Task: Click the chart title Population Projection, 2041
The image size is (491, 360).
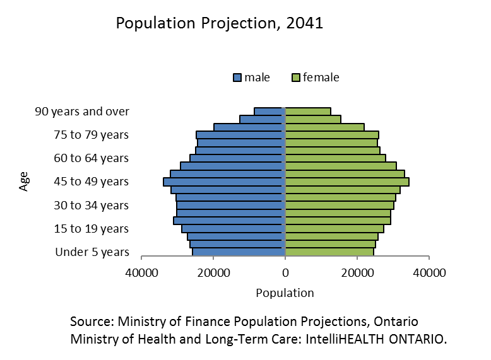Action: click(x=219, y=24)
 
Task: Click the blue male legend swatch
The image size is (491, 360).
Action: click(x=238, y=78)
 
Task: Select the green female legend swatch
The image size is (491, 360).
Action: click(x=295, y=78)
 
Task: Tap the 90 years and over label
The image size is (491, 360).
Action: click(x=82, y=112)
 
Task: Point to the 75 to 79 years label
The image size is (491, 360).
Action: click(x=92, y=135)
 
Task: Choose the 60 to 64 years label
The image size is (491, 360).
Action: click(x=92, y=158)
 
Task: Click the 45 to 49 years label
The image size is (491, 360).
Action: click(x=92, y=182)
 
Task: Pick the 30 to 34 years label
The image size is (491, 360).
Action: click(x=92, y=205)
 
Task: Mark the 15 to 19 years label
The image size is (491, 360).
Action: click(x=92, y=228)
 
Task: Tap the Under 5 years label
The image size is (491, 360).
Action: click(x=92, y=252)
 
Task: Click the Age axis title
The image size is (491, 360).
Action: click(x=25, y=182)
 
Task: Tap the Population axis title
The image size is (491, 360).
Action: click(x=285, y=293)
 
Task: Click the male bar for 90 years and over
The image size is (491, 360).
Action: click(x=270, y=112)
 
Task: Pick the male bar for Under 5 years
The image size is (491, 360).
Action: click(x=239, y=252)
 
